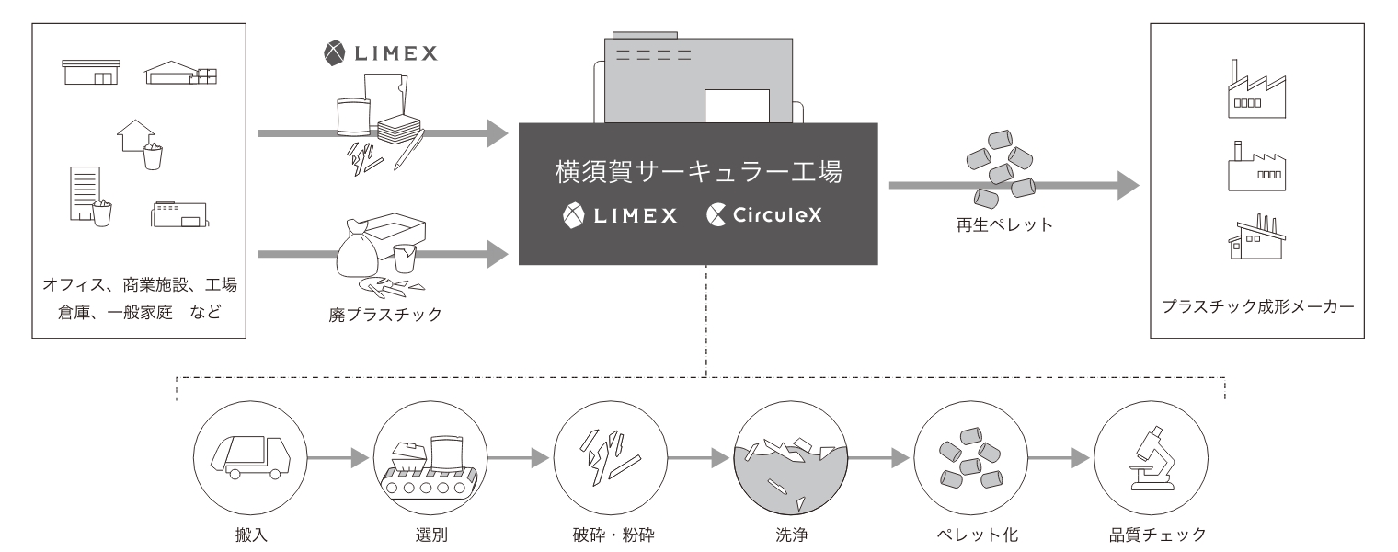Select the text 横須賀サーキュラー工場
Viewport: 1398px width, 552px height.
click(699, 172)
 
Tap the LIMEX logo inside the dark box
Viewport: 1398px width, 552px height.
click(620, 215)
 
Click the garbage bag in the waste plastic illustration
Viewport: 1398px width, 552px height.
click(361, 249)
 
